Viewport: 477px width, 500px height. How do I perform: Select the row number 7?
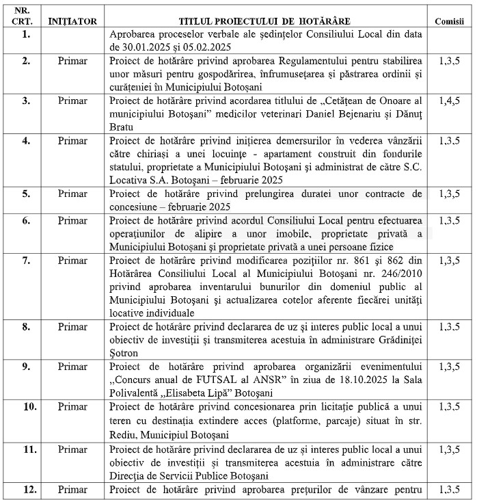(x=26, y=260)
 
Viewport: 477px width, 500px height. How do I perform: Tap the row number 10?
(x=26, y=407)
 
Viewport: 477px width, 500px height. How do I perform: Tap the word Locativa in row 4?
(x=130, y=179)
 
